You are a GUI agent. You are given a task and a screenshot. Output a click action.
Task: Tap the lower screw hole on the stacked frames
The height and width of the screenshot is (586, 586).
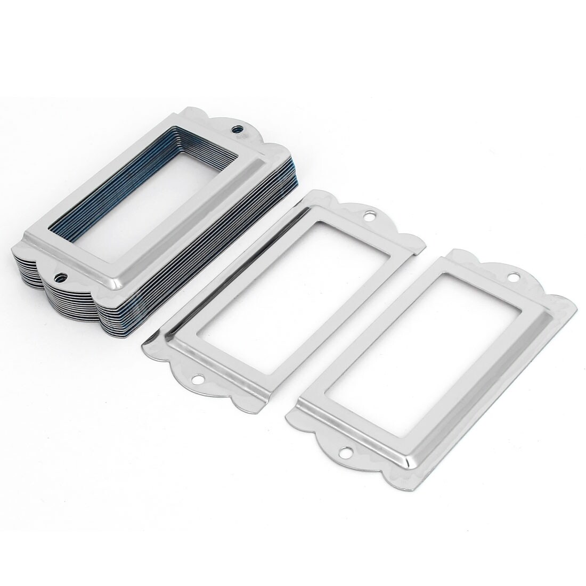click(61, 276)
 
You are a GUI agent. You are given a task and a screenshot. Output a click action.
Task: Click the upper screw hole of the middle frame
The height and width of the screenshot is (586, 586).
click(368, 215)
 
